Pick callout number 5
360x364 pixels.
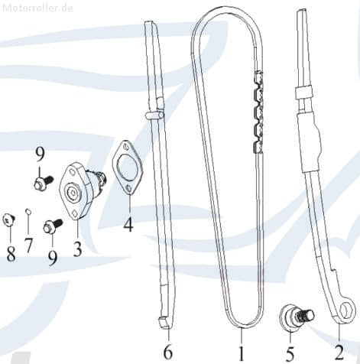click(290, 353)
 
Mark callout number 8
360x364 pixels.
click(11, 253)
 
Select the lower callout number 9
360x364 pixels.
click(52, 258)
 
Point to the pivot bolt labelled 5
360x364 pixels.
click(294, 317)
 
